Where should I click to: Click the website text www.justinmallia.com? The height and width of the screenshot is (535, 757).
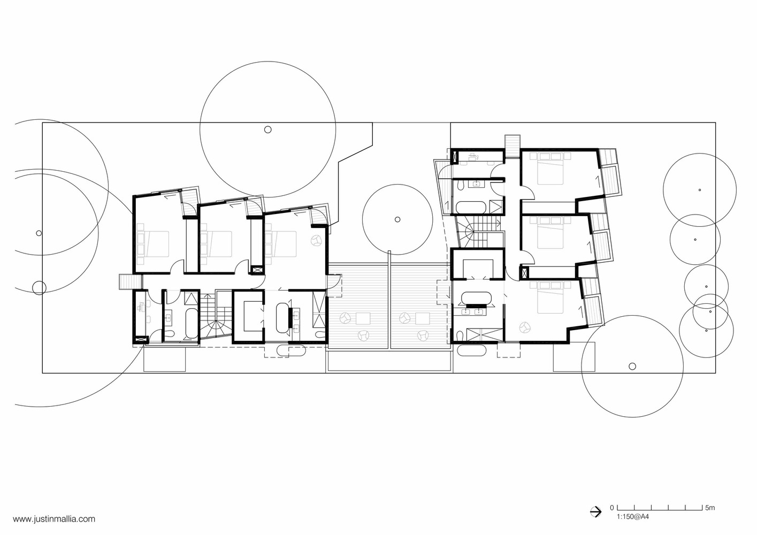pyautogui.click(x=54, y=519)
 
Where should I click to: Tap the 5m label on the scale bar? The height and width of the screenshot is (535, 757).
pyautogui.click(x=710, y=507)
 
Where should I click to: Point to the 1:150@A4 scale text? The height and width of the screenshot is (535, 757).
pyautogui.click(x=633, y=516)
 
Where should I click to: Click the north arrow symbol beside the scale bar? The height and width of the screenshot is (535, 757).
pyautogui.click(x=596, y=511)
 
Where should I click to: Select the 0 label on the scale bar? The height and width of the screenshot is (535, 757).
pyautogui.click(x=611, y=507)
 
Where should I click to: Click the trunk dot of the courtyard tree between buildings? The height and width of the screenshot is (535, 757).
pyautogui.click(x=397, y=219)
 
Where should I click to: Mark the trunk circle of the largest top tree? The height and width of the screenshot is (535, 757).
pyautogui.click(x=267, y=129)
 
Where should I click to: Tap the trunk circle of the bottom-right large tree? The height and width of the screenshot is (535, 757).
pyautogui.click(x=632, y=366)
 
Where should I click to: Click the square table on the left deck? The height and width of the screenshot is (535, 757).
pyautogui.click(x=363, y=319)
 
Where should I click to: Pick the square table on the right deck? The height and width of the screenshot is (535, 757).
pyautogui.click(x=423, y=319)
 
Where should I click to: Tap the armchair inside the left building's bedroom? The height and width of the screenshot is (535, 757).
pyautogui.click(x=317, y=240)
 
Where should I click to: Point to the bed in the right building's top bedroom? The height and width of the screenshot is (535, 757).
pyautogui.click(x=550, y=169)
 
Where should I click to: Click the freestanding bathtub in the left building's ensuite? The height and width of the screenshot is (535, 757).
pyautogui.click(x=282, y=318)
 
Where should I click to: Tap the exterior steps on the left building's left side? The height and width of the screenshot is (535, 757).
pyautogui.click(x=131, y=282)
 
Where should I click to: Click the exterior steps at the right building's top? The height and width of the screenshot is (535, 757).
pyautogui.click(x=513, y=147)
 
